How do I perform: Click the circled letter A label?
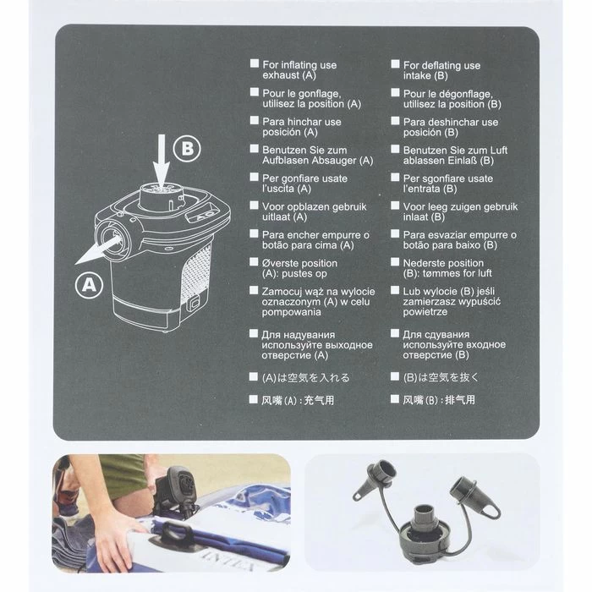tap(89, 285)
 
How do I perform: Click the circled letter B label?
tap(187, 148)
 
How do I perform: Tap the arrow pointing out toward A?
tap(98, 249)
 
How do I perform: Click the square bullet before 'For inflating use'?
tap(255, 63)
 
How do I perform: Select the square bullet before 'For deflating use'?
tap(395, 63)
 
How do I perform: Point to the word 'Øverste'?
tap(281, 263)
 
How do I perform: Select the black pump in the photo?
tap(177, 490)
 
